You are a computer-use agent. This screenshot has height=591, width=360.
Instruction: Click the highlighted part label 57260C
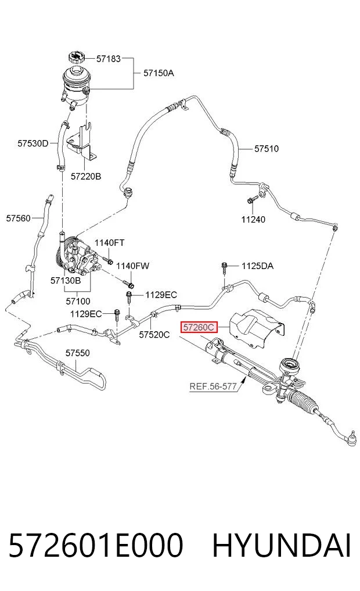[199, 327]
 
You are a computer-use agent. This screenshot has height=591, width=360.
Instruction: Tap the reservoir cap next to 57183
[77, 58]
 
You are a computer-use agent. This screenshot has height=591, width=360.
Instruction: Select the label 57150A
[159, 73]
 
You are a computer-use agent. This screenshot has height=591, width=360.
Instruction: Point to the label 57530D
[33, 144]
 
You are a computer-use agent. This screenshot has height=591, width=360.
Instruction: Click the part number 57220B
[86, 177]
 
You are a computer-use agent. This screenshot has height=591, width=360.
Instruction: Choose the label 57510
[267, 149]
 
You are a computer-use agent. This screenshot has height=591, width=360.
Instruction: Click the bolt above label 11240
[253, 199]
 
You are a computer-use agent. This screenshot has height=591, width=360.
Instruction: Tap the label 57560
[18, 219]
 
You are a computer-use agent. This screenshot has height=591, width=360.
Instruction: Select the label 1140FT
[109, 243]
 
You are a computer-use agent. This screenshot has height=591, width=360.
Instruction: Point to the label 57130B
[66, 281]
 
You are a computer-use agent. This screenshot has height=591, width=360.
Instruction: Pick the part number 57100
[78, 301]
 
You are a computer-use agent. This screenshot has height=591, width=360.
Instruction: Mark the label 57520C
[154, 334]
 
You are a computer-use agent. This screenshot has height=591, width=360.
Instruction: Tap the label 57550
[78, 353]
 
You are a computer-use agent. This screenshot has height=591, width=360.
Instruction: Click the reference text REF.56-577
[213, 386]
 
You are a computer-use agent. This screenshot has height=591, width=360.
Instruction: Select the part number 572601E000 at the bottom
[96, 545]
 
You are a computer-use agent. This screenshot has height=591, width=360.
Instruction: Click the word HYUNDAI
[282, 545]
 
